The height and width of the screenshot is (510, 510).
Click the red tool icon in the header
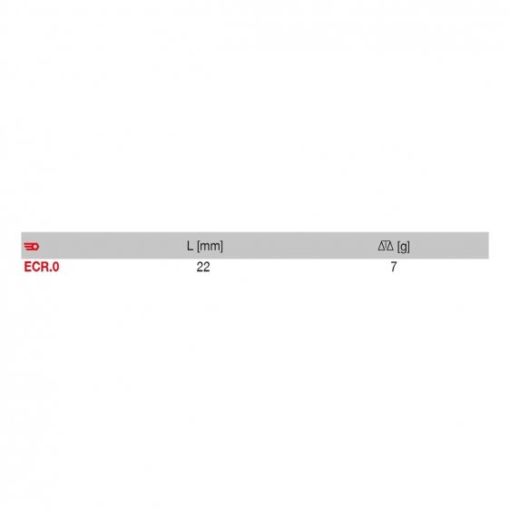(x=32, y=246)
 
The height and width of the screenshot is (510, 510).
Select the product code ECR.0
(x=42, y=268)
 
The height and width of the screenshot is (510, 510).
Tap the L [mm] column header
(x=204, y=246)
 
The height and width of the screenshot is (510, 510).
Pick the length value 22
(x=203, y=268)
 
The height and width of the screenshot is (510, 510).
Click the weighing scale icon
(x=385, y=246)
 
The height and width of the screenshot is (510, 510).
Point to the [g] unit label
(x=403, y=246)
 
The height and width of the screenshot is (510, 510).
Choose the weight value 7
(x=394, y=268)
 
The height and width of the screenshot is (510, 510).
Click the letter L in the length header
(x=190, y=246)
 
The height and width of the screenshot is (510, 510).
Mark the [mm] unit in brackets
(x=210, y=246)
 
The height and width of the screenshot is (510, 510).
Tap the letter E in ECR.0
(x=27, y=268)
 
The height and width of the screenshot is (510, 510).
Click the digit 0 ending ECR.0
(x=56, y=268)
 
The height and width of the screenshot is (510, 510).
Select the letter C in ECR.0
(x=35, y=268)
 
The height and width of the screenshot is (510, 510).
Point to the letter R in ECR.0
(x=44, y=268)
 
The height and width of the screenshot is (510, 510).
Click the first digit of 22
(x=200, y=268)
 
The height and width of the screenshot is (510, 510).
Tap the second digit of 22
(x=207, y=268)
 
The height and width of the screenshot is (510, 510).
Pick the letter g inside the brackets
(x=403, y=247)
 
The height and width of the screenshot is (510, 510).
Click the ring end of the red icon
(x=36, y=246)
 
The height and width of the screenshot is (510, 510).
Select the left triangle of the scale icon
(x=381, y=246)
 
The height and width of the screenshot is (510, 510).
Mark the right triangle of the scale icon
(x=388, y=246)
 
